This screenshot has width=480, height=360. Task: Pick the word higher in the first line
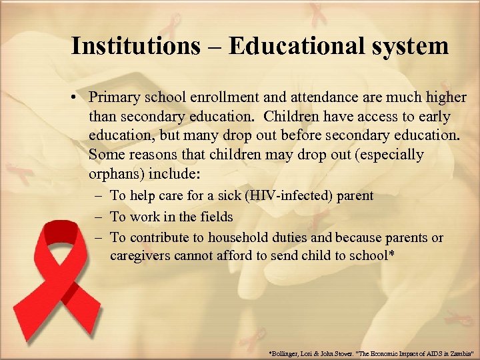(x=446, y=97)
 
